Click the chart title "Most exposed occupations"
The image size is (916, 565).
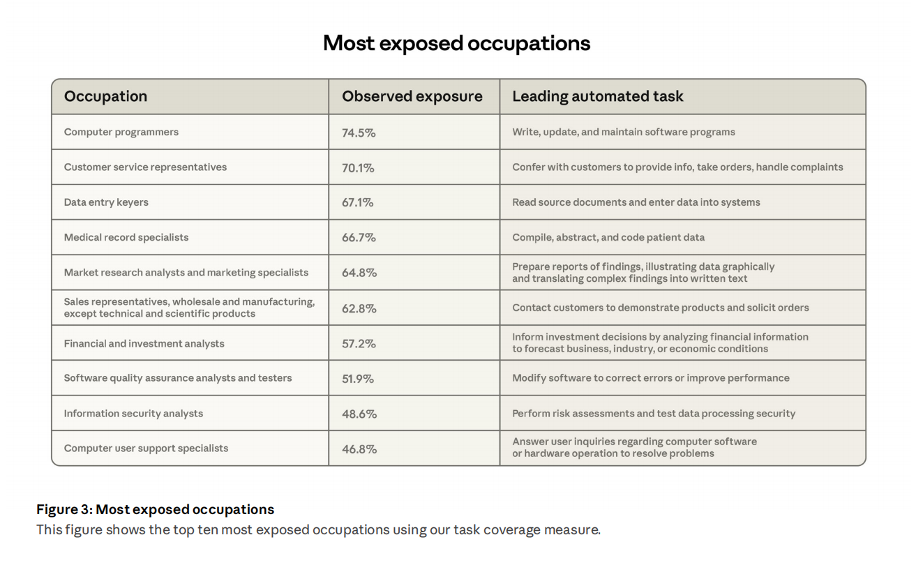pos(456,43)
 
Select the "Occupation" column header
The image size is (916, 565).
pos(105,96)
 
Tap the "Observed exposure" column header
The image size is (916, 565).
pos(412,96)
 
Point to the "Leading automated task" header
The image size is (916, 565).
pos(597,96)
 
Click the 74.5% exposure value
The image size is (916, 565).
pos(359,133)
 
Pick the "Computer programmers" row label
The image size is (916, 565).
pos(121,132)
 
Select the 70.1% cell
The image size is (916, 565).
pos(358,167)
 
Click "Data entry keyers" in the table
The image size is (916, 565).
pos(106,202)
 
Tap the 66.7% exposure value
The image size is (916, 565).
pos(359,238)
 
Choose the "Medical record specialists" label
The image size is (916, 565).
pos(126,237)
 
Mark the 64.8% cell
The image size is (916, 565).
pos(359,273)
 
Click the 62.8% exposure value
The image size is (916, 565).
pos(359,308)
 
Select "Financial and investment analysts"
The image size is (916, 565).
pos(144,343)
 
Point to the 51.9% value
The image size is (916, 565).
pos(358,379)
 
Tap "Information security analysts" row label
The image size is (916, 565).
pos(133,414)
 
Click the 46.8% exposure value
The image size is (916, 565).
pos(359,449)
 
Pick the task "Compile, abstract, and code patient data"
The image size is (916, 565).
pos(608,237)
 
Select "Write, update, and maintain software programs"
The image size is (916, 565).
pos(623,132)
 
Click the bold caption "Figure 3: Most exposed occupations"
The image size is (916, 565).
pos(155,509)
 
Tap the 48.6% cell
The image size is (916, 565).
pos(359,414)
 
